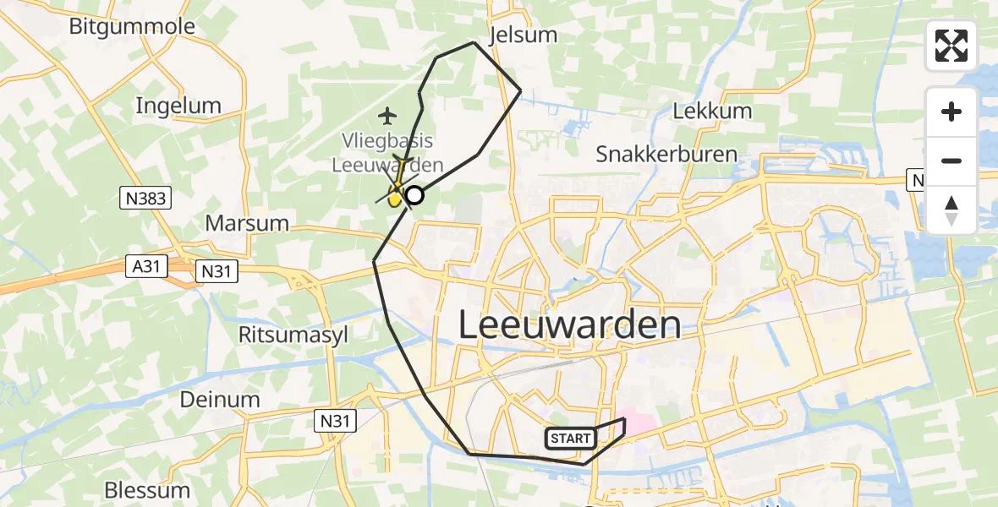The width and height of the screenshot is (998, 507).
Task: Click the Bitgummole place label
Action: pyautogui.click(x=132, y=26)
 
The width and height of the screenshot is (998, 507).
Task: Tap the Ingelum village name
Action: pyautogui.click(x=178, y=106)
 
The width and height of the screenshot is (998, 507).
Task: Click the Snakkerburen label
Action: pyautogui.click(x=666, y=155)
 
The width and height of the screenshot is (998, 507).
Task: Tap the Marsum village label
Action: pyautogui.click(x=248, y=224)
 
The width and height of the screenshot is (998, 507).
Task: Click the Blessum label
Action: pyautogui.click(x=147, y=490)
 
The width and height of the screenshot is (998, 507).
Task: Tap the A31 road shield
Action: pyautogui.click(x=146, y=267)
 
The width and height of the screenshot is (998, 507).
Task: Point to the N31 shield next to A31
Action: pyautogui.click(x=217, y=271)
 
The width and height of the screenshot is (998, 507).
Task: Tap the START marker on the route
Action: pyautogui.click(x=571, y=438)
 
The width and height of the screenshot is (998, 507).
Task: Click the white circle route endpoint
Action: pyautogui.click(x=414, y=196)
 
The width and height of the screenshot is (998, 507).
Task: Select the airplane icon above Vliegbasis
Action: pyautogui.click(x=388, y=115)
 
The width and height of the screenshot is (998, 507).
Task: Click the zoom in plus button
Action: pyautogui.click(x=951, y=112)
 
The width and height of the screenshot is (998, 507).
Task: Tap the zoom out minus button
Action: pyautogui.click(x=951, y=161)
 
